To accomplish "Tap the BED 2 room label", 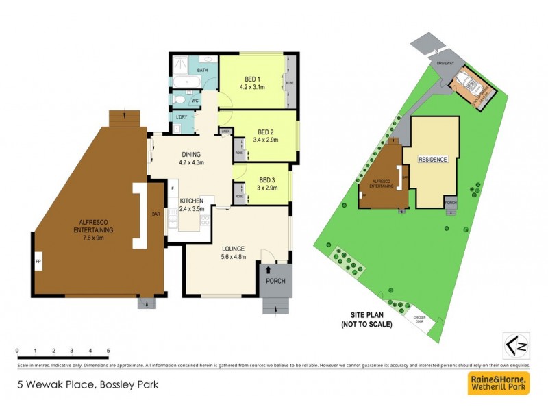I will [x=266, y=132].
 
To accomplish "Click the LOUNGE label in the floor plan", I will [x=233, y=248].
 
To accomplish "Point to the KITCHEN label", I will [x=192, y=200].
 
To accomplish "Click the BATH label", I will [x=203, y=71].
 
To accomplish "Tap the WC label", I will [x=195, y=101].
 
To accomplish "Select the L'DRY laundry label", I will [x=182, y=117].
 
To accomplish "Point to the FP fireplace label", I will [x=38, y=260].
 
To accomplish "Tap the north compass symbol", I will [x=517, y=345].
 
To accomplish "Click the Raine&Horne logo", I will [x=498, y=383].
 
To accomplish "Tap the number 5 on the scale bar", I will [x=108, y=351].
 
